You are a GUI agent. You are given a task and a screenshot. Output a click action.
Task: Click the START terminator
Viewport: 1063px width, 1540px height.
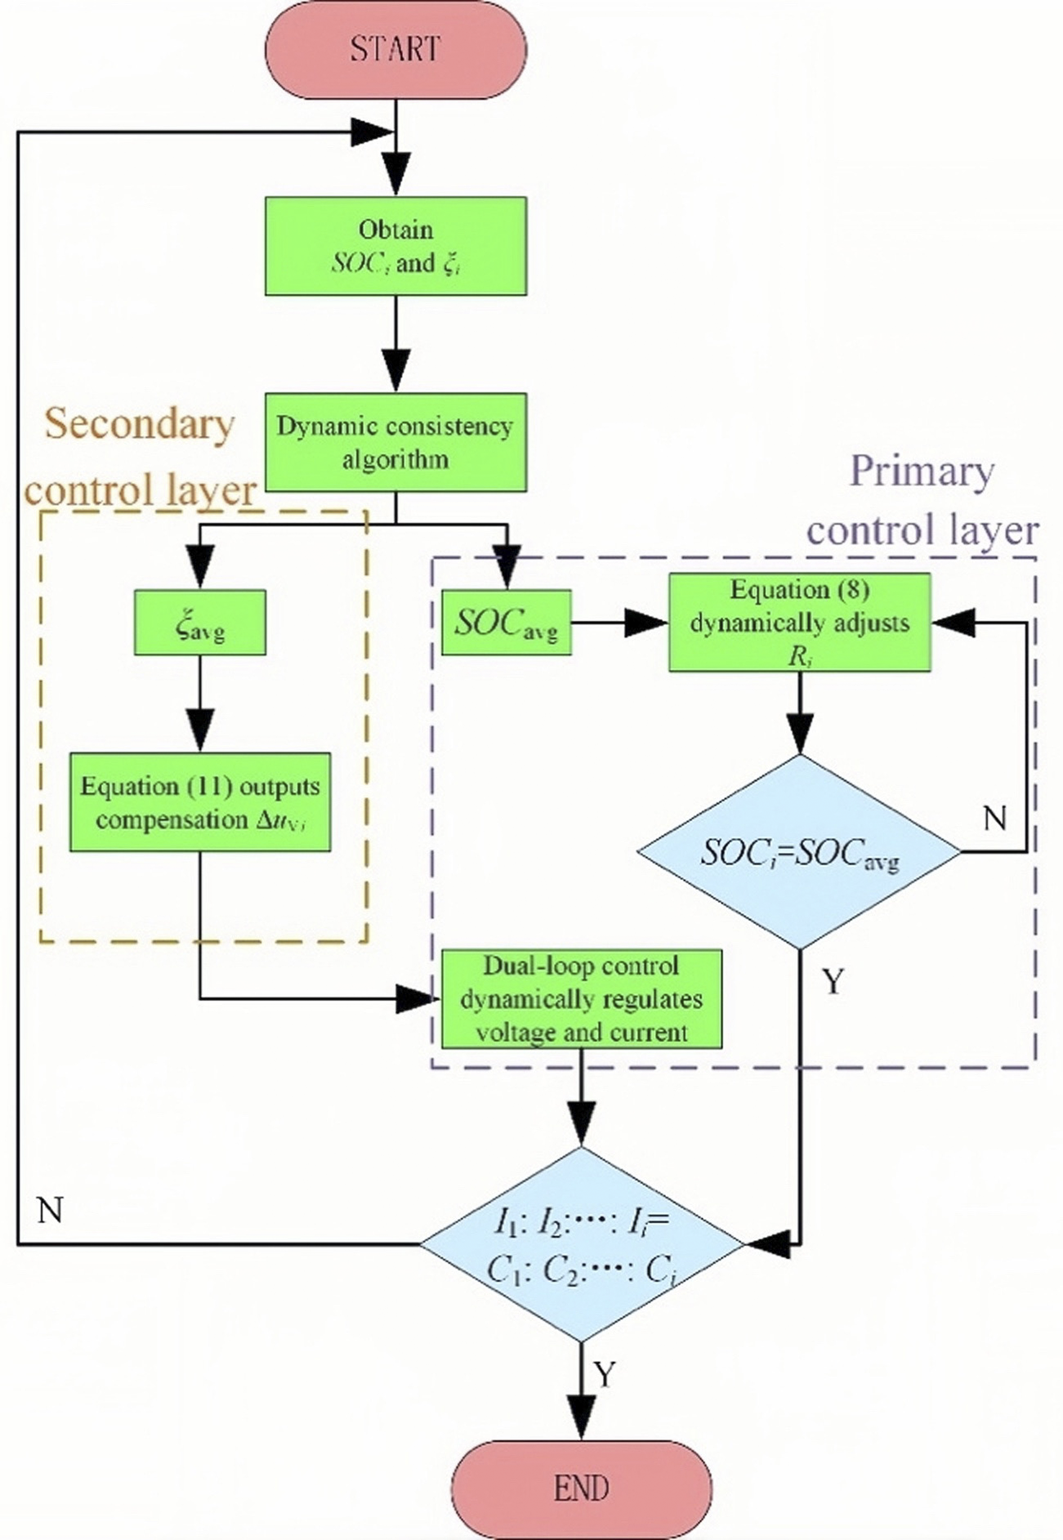coord(395,49)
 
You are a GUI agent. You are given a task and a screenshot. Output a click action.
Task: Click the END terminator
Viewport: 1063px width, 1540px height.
coord(582,1488)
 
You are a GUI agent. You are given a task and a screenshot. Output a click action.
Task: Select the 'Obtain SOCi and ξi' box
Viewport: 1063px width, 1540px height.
coord(395,246)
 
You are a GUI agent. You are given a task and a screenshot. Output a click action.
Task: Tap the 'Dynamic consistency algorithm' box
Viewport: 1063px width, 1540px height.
coord(395,442)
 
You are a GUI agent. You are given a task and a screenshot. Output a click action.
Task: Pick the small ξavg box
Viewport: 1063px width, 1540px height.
coord(200,623)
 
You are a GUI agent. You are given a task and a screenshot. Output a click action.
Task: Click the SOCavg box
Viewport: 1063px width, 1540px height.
coord(507,623)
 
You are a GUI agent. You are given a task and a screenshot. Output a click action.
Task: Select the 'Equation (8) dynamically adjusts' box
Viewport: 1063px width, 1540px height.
coord(799,623)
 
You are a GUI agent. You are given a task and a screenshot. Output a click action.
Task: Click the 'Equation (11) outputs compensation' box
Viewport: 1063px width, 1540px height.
coord(200,802)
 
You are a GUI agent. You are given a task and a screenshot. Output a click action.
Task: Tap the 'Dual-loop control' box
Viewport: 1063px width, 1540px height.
coord(582,998)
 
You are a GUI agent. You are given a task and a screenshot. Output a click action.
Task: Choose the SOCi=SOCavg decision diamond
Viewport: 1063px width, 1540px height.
coord(799,852)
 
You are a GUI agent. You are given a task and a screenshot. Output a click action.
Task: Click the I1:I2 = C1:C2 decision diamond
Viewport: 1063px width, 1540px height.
coord(582,1244)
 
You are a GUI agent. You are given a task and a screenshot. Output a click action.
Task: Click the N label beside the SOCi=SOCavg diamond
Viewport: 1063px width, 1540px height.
coord(994,818)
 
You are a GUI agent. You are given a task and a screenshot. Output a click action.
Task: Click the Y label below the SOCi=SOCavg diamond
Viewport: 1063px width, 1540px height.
coord(833,981)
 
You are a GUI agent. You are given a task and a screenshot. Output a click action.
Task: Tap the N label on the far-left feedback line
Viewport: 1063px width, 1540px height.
coord(50,1210)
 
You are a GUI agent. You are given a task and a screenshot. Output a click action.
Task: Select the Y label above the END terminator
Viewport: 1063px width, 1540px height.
coord(604,1375)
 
